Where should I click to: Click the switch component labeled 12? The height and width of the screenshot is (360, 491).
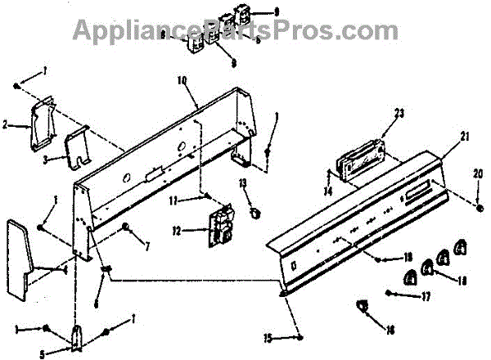[x=220, y=226]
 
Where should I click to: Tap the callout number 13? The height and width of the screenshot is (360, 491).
[x=244, y=182]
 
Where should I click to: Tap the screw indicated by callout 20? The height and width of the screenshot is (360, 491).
[x=475, y=197]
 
